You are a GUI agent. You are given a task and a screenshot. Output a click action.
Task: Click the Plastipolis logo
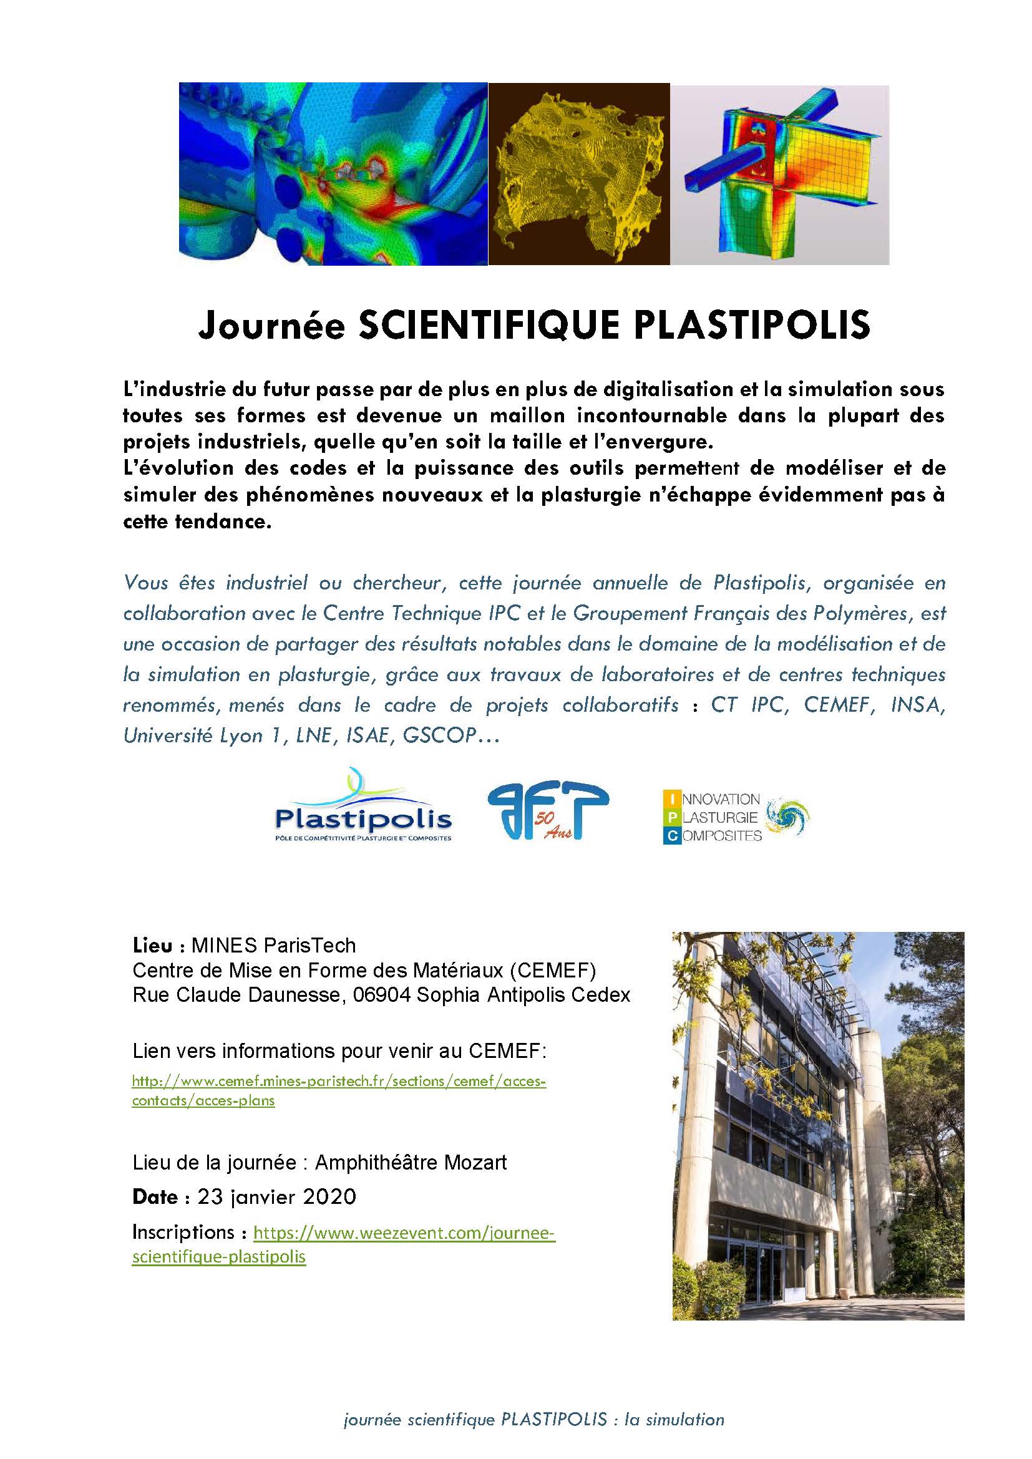363,807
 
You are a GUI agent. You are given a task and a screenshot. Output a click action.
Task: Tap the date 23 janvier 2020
276,1197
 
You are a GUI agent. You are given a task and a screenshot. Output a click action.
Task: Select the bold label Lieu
152,946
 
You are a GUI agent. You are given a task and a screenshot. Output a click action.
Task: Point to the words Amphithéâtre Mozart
411,1163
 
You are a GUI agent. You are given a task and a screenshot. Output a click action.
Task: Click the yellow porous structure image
579,173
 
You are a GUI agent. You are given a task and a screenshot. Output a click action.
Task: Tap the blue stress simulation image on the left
333,173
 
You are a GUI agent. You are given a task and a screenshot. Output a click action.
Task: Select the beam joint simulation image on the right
780,175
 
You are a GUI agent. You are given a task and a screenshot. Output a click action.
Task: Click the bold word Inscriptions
183,1233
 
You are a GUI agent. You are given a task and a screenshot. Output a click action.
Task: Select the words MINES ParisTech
273,946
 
